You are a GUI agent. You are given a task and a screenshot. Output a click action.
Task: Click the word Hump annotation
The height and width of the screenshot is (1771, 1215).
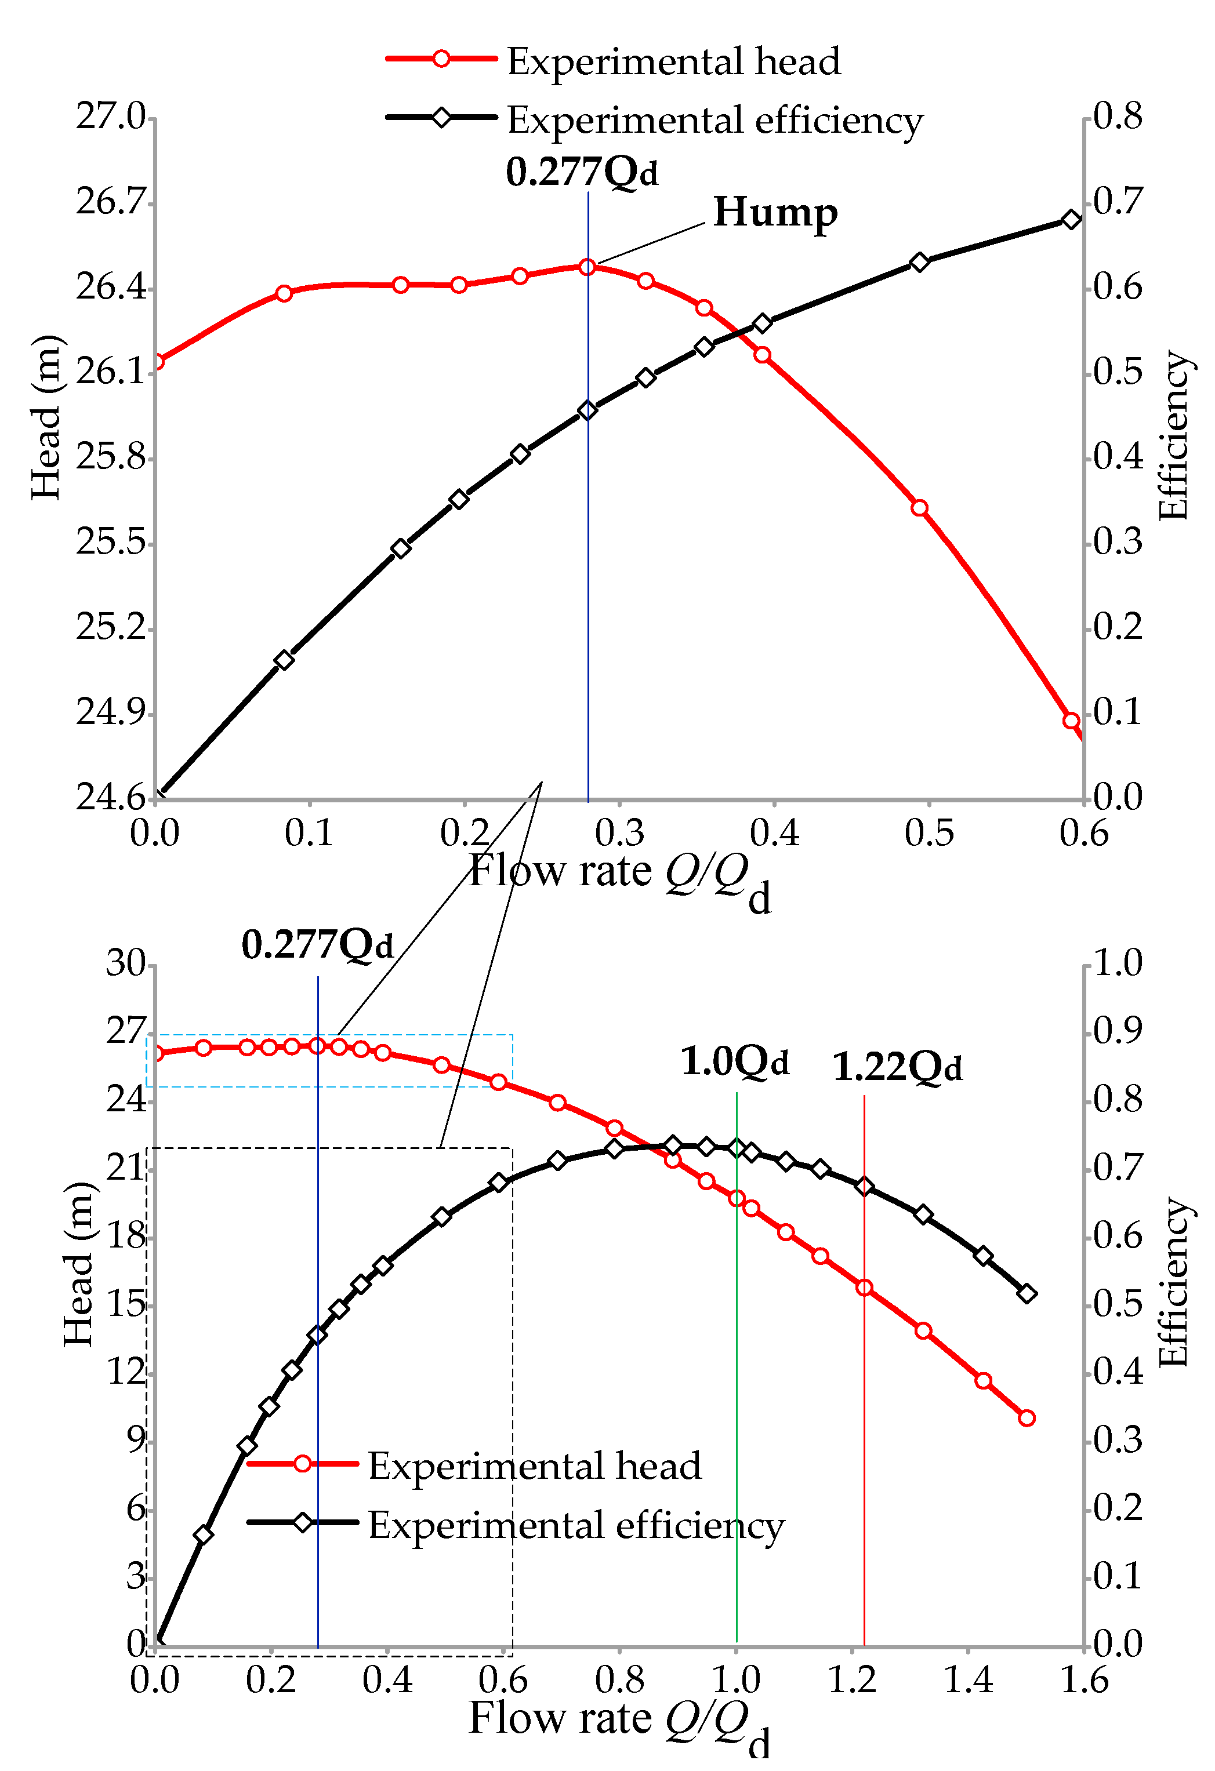(775, 213)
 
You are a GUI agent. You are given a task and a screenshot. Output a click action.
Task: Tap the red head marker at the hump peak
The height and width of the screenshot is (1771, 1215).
(587, 267)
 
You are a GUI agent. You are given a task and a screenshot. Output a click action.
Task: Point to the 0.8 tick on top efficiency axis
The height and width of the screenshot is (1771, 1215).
(1118, 117)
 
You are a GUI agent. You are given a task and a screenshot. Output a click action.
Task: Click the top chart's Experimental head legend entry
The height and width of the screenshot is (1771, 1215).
(614, 60)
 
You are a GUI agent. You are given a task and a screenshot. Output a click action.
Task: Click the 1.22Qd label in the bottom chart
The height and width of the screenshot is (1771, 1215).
(897, 1066)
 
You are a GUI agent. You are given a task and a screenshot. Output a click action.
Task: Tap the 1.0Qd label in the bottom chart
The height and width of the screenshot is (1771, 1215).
(734, 1061)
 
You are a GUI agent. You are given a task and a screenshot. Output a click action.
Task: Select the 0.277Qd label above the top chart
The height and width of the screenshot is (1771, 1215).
(582, 172)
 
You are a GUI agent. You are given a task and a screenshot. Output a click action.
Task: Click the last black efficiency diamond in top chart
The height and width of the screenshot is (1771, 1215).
(1071, 220)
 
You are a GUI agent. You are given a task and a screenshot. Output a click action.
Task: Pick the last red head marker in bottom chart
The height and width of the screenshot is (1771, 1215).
(1027, 1418)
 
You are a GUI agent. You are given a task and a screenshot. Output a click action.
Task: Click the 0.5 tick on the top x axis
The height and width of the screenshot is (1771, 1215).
(929, 833)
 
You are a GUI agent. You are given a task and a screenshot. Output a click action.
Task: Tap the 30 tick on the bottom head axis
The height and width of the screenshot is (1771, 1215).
(126, 964)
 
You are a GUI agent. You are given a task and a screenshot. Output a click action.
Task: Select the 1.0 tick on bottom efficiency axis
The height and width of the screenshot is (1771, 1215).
(1118, 964)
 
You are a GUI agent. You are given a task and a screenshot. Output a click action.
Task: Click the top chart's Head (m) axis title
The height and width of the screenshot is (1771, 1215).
(46, 417)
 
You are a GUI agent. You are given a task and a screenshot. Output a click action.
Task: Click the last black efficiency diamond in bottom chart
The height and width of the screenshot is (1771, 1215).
(1027, 1293)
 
